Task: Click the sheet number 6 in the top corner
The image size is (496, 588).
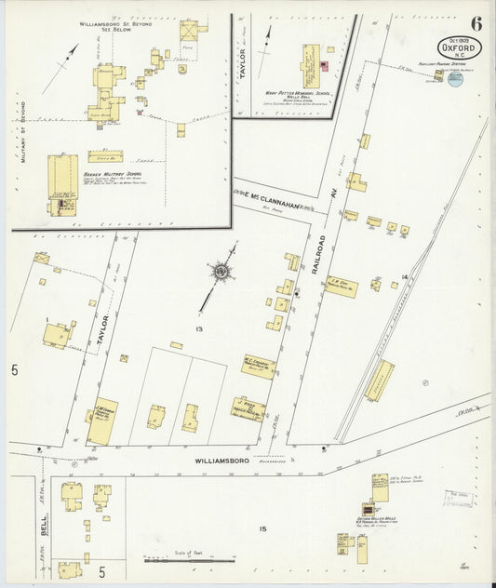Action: click(475, 23)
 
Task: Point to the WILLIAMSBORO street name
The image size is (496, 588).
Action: click(222, 460)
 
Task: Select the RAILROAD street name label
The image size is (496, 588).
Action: click(320, 252)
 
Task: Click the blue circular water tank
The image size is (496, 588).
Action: click(454, 81)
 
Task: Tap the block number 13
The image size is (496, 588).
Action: click(197, 329)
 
